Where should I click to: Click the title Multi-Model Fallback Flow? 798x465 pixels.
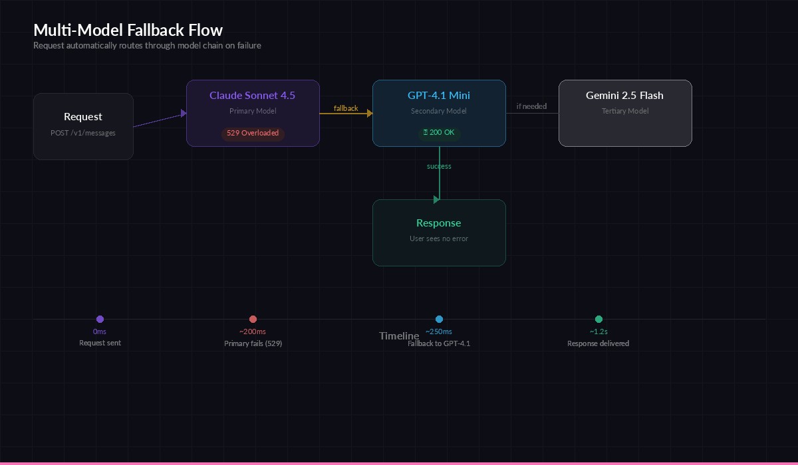pos(128,30)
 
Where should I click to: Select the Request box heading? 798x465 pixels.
pos(83,117)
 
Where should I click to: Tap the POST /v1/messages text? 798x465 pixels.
pos(83,133)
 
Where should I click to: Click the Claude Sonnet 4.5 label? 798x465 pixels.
pos(253,96)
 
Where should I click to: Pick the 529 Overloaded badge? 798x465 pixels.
pos(253,133)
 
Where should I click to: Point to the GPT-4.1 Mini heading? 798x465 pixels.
pos(439,96)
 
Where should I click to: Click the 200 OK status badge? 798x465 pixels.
pos(439,133)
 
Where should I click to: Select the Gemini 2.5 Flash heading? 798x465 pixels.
pos(624,96)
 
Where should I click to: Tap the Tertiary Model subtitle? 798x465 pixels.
pos(624,111)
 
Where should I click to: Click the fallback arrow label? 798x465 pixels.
pos(346,108)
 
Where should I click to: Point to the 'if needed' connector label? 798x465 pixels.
pos(531,106)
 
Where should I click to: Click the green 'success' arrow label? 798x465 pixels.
pos(439,166)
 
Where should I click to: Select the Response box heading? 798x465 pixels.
pos(439,223)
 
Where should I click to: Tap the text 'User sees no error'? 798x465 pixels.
pos(439,238)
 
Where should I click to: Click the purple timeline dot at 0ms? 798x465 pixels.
pos(100,320)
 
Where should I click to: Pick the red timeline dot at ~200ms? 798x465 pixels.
pos(253,320)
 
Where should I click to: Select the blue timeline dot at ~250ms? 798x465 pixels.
pos(439,320)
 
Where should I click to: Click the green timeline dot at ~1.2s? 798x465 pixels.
pos(598,320)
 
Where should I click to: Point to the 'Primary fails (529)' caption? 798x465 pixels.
pos(253,343)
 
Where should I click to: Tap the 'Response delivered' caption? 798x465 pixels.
pos(598,343)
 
